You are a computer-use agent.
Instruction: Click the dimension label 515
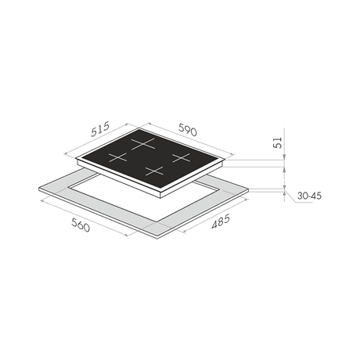coord(99,129)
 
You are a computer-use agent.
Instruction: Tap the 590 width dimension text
coord(188,130)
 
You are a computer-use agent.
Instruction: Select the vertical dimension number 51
coord(279,142)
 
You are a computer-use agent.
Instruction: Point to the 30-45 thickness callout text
coord(309,196)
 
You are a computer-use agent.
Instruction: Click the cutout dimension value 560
coord(81,225)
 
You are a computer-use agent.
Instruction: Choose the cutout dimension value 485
coord(221,221)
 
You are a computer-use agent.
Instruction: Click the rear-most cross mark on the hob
coord(143,144)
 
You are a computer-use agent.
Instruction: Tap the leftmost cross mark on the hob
coord(117,157)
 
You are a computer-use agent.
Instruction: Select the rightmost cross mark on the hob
coord(181,158)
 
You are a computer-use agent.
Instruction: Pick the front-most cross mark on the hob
coord(154,171)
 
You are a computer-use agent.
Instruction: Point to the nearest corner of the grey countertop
coord(157,236)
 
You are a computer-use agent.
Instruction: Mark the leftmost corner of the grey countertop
coord(39,188)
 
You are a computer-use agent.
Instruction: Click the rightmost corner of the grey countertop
coord(249,189)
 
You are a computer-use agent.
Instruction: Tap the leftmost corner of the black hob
coord(77,158)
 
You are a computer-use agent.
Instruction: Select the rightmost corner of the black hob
coord(225,159)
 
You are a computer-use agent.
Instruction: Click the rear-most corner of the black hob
coord(139,128)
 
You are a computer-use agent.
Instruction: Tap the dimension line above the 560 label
coord(84,218)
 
